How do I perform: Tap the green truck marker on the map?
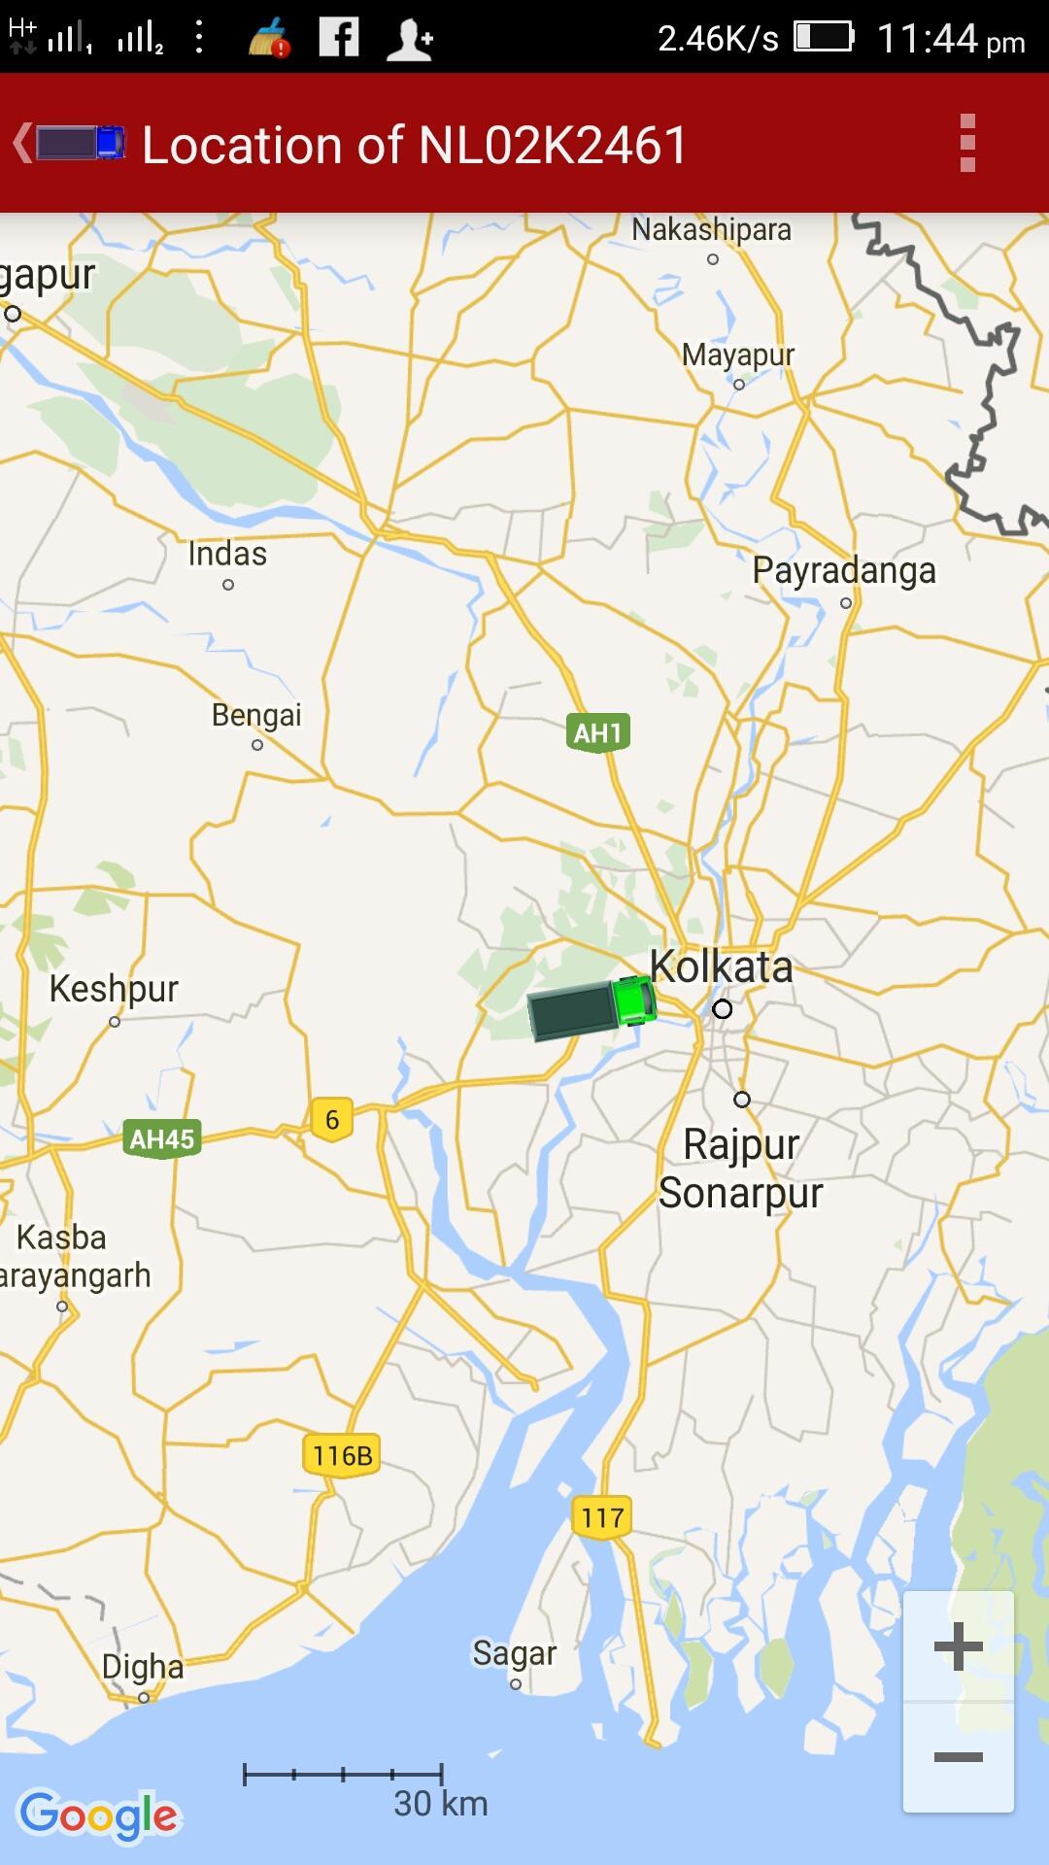pyautogui.click(x=592, y=1008)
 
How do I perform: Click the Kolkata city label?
pyautogui.click(x=721, y=967)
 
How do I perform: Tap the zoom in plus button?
pyautogui.click(x=958, y=1645)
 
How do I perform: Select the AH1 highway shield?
pyautogui.click(x=597, y=732)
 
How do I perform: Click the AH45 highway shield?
pyautogui.click(x=162, y=1138)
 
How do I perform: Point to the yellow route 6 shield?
pyautogui.click(x=332, y=1119)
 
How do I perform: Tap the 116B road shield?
pyautogui.click(x=342, y=1455)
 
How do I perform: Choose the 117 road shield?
pyautogui.click(x=602, y=1517)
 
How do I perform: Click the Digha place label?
pyautogui.click(x=143, y=1667)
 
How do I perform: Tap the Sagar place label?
pyautogui.click(x=514, y=1653)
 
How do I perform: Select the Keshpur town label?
pyautogui.click(x=114, y=989)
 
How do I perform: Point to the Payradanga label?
pyautogui.click(x=844, y=570)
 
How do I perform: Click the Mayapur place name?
pyautogui.click(x=738, y=356)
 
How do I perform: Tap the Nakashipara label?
pyautogui.click(x=711, y=230)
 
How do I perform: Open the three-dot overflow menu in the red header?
pyautogui.click(x=966, y=143)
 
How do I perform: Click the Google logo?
pyautogui.click(x=99, y=1814)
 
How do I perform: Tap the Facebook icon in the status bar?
pyautogui.click(x=339, y=38)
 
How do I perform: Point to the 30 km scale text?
pyautogui.click(x=440, y=1803)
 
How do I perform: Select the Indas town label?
pyautogui.click(x=227, y=554)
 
